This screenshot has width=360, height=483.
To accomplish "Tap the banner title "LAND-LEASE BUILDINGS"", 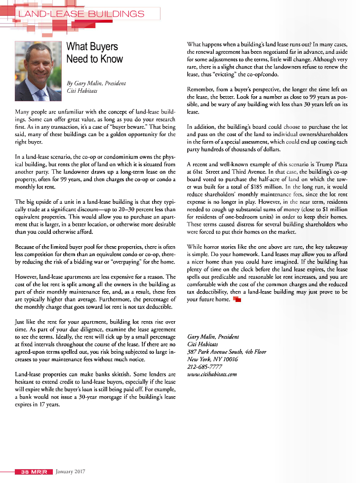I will (x=81, y=14).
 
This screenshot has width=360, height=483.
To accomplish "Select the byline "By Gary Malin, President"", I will (x=96, y=83).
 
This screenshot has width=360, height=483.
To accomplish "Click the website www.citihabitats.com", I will (x=212, y=374).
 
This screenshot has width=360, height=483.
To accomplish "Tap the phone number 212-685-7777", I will (x=204, y=367).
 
